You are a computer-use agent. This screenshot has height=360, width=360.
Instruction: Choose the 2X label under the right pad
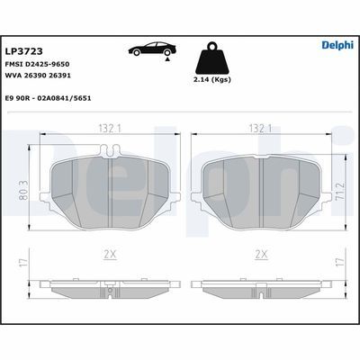(261, 256)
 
